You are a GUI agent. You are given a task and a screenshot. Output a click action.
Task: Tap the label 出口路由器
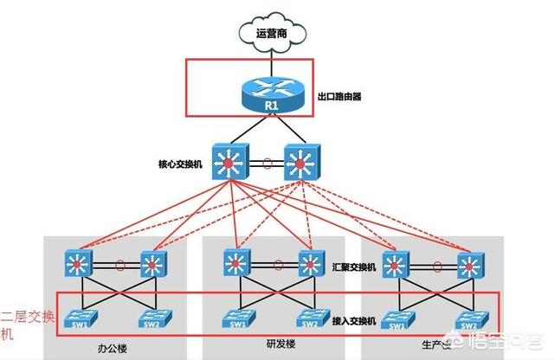(339, 97)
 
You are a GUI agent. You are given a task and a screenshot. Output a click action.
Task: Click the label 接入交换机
(355, 320)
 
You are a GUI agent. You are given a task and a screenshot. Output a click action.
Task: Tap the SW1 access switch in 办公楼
(87, 318)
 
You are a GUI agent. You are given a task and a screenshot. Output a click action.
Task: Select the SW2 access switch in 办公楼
(151, 318)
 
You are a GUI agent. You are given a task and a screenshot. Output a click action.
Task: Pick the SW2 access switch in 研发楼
(307, 318)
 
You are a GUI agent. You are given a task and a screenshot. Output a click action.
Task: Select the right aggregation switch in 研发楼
(309, 263)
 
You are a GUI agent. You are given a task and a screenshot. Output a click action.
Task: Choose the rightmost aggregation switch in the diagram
(471, 264)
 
